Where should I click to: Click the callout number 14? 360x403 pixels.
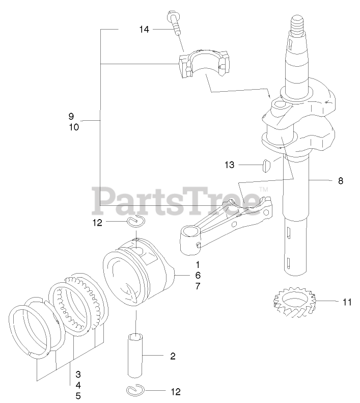[144, 30]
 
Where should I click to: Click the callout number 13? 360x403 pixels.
[230, 165]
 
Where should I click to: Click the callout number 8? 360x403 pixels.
[340, 180]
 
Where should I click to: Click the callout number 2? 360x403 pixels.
[173, 356]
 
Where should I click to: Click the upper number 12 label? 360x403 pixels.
[98, 222]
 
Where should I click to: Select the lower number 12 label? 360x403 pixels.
[175, 392]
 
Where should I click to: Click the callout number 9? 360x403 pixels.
[71, 116]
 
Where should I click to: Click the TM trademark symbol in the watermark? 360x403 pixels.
[263, 190]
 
